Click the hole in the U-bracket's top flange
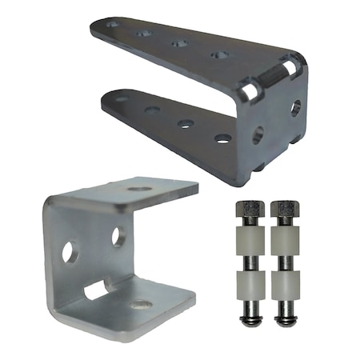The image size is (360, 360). click(139, 190)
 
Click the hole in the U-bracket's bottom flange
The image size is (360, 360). click(142, 304)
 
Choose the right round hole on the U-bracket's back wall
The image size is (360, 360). click(118, 236)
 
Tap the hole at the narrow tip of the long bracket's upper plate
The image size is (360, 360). click(112, 25)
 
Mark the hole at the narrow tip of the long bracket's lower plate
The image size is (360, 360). click(122, 99)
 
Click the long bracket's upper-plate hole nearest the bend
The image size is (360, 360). click(218, 55)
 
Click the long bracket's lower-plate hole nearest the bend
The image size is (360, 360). click(222, 138)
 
